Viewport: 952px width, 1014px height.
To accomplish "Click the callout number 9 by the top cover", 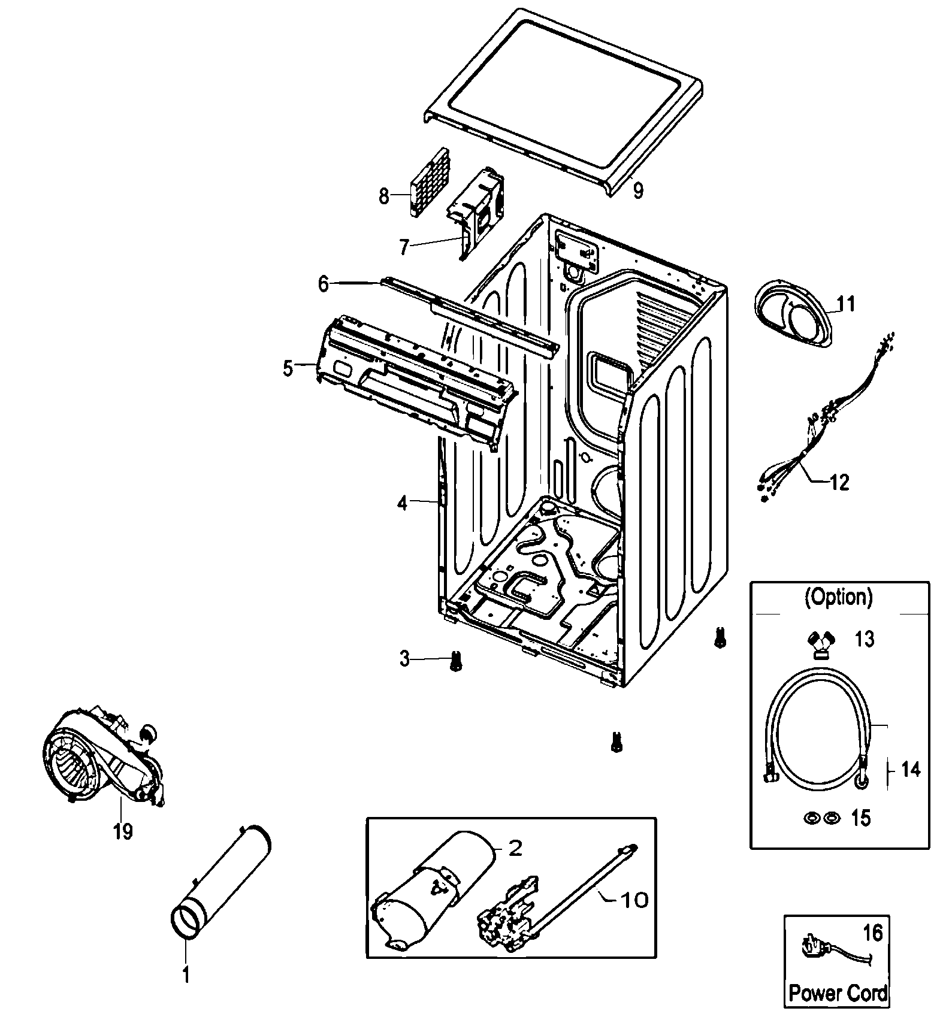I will [638, 190].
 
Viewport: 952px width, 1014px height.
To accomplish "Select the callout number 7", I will [404, 247].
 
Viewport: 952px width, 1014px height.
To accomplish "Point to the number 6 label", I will [324, 284].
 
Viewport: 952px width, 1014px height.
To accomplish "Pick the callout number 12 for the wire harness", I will [840, 482].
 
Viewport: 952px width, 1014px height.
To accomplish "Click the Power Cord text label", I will [838, 992].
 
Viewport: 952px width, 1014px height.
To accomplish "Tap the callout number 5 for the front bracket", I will [288, 368].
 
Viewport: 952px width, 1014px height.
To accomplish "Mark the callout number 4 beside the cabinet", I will [402, 504].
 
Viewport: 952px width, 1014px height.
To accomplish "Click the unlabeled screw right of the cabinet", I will [720, 638].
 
